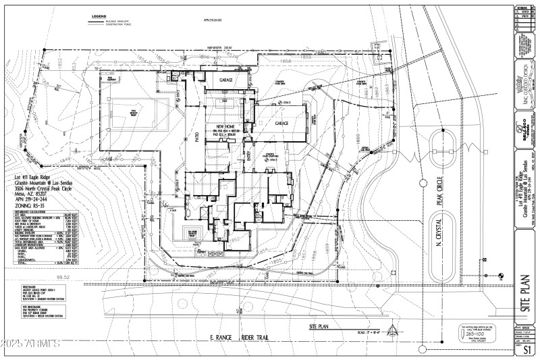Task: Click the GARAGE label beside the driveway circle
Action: pos(281,124)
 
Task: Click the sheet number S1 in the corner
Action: pos(528,349)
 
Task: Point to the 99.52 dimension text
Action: pos(65,276)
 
